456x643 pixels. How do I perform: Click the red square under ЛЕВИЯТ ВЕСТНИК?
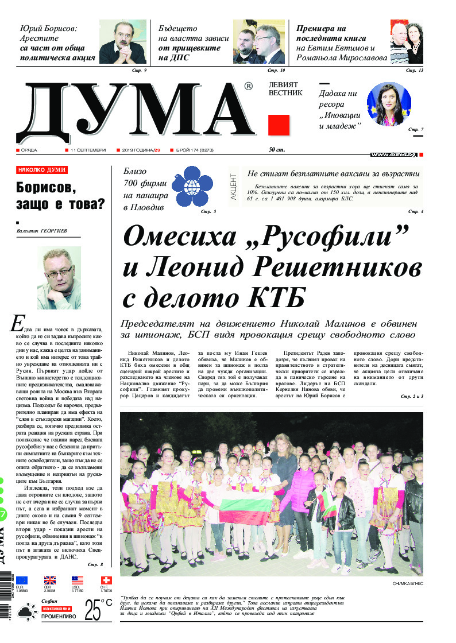tap(279, 125)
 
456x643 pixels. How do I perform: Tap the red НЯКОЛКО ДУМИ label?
tap(42, 170)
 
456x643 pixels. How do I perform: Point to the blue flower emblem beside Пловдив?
tap(192, 185)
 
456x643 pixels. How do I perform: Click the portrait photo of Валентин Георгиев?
tap(59, 270)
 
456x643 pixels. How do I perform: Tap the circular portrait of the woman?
tap(389, 104)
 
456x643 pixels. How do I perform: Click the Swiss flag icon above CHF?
tap(106, 580)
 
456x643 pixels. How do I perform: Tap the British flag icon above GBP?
tap(50, 580)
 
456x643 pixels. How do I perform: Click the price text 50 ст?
tap(277, 150)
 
